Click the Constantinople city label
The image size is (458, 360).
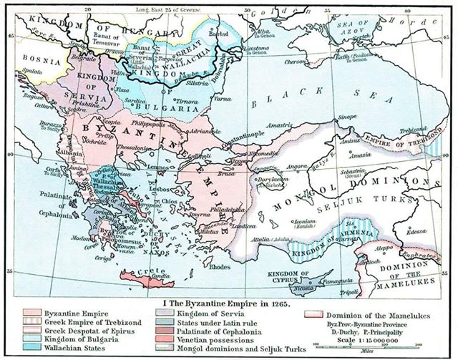pyautogui.click(x=228, y=142)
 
